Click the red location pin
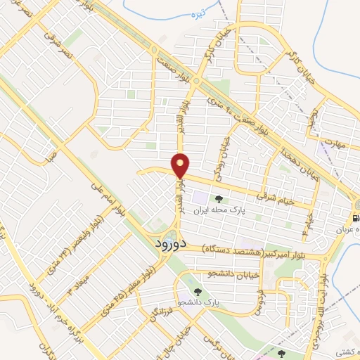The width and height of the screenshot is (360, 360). click(181, 165)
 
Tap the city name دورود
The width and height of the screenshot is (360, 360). click(169, 244)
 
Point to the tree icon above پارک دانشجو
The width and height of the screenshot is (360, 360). click(198, 290)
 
